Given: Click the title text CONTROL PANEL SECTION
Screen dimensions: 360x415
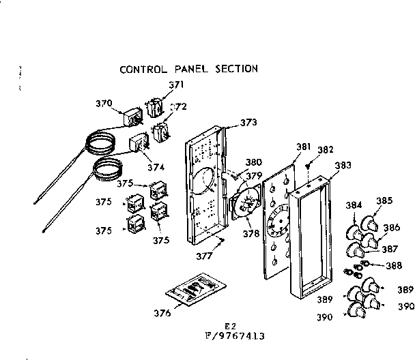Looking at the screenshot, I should (188, 69).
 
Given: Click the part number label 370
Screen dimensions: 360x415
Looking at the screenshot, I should (103, 104).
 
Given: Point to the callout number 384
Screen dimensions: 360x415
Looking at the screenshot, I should (354, 205).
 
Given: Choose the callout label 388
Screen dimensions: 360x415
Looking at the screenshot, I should (393, 267).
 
